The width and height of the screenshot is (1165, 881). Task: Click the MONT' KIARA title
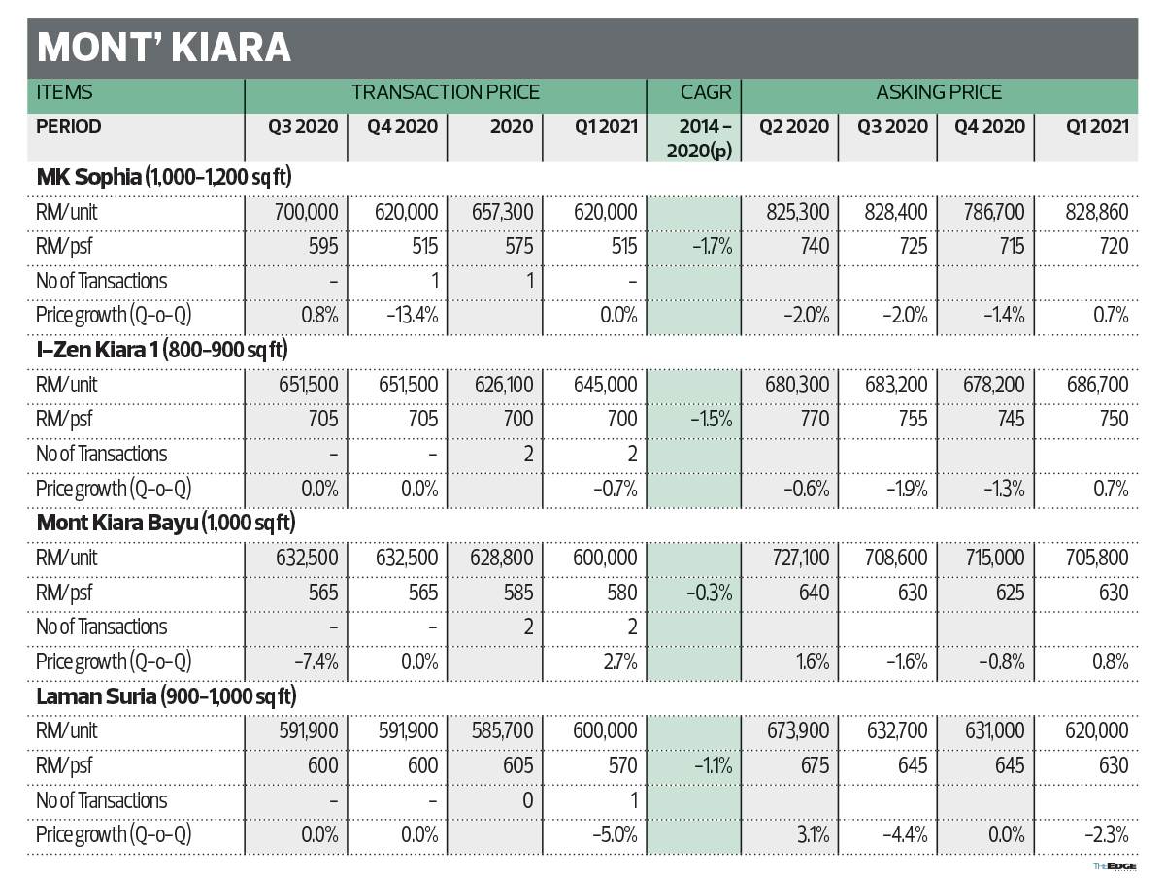pos(163,48)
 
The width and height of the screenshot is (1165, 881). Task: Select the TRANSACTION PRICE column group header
pos(446,93)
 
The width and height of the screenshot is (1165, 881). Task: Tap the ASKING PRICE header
pos(939,93)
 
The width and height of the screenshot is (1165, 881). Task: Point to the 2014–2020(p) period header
pos(694,138)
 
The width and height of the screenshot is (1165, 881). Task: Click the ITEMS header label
pos(65,93)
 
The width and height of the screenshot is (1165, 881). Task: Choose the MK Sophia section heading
pos(164,176)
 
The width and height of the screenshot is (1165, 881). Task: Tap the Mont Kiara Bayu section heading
pos(166,523)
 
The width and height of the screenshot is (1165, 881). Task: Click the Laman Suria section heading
pos(166,695)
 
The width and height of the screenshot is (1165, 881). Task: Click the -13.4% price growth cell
pos(407,316)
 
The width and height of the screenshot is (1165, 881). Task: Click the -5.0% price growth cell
pos(615,834)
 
